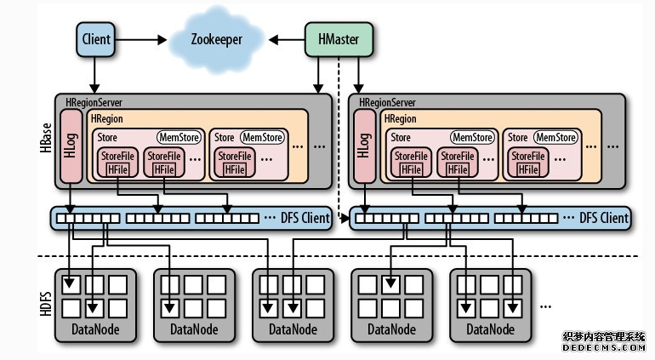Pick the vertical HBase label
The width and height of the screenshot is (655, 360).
tap(46, 137)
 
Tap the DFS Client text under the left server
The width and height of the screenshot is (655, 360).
tap(305, 219)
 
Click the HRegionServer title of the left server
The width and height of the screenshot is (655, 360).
tap(93, 102)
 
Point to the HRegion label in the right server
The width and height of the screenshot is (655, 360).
tap(400, 119)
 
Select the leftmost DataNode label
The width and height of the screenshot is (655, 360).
tap(95, 329)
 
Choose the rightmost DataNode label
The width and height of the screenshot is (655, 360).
tap(490, 329)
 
